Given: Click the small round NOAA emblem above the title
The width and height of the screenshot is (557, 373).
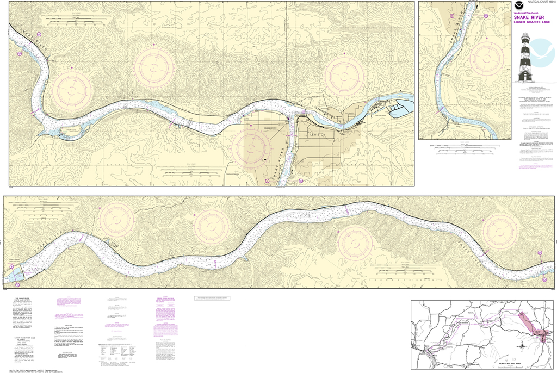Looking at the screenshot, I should pos(516,4).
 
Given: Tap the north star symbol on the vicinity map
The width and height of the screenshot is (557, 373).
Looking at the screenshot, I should pos(522,346).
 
